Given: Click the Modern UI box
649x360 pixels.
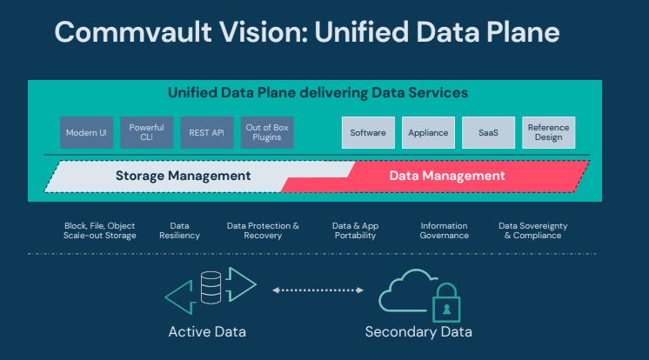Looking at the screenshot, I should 84,133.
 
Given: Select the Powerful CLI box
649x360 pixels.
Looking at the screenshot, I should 145,133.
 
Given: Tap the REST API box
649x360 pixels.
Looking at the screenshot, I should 205,133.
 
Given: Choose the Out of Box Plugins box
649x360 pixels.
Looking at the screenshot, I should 267,133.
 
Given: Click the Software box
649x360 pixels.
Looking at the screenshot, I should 367,133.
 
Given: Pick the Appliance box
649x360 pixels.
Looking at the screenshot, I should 428,133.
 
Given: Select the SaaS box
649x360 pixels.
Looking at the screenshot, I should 488,133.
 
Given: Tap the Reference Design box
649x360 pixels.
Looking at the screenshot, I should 549,133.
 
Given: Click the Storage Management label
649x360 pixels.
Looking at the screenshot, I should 183,176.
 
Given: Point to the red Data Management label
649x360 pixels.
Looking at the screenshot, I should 446,176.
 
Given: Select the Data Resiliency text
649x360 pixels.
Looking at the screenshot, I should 179,230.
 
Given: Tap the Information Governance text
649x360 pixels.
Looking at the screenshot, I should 444,230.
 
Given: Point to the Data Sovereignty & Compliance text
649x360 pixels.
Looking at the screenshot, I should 532,230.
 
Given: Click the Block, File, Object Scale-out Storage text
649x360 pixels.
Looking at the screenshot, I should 97,230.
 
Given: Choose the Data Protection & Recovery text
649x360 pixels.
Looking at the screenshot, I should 263,230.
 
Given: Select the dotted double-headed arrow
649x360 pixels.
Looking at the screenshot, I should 318,290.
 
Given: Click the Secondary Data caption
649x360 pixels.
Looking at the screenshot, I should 418,332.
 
